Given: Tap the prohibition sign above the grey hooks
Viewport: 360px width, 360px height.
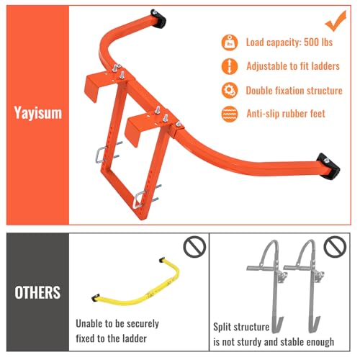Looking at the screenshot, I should click(333, 247).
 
